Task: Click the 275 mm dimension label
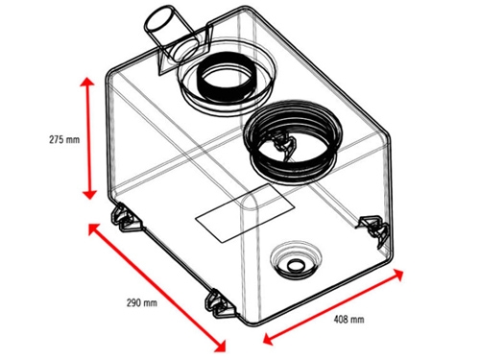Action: [x=64, y=140]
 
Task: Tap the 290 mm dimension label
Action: [x=142, y=302]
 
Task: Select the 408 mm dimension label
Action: [x=348, y=319]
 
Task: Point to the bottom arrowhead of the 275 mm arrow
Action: [x=89, y=194]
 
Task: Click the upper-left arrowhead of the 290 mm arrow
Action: [x=94, y=228]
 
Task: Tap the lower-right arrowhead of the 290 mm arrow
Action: [x=220, y=347]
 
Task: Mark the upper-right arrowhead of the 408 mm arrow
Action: [x=397, y=275]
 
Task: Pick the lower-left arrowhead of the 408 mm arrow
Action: [x=268, y=339]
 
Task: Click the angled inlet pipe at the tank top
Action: [x=170, y=35]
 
